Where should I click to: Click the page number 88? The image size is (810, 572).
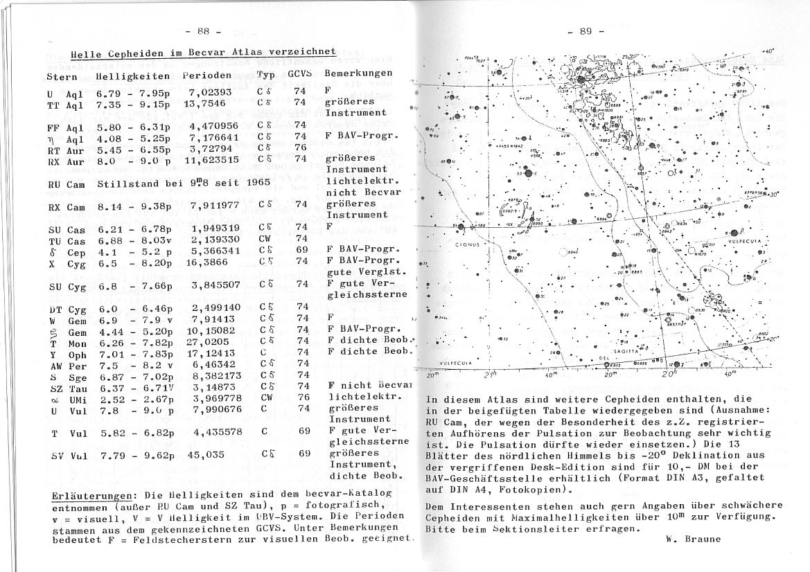[203, 30]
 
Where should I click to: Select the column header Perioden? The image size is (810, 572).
[207, 74]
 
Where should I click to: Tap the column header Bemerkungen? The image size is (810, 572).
[358, 73]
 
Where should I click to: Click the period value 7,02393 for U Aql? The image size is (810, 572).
[212, 91]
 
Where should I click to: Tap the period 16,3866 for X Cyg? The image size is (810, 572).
[210, 261]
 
